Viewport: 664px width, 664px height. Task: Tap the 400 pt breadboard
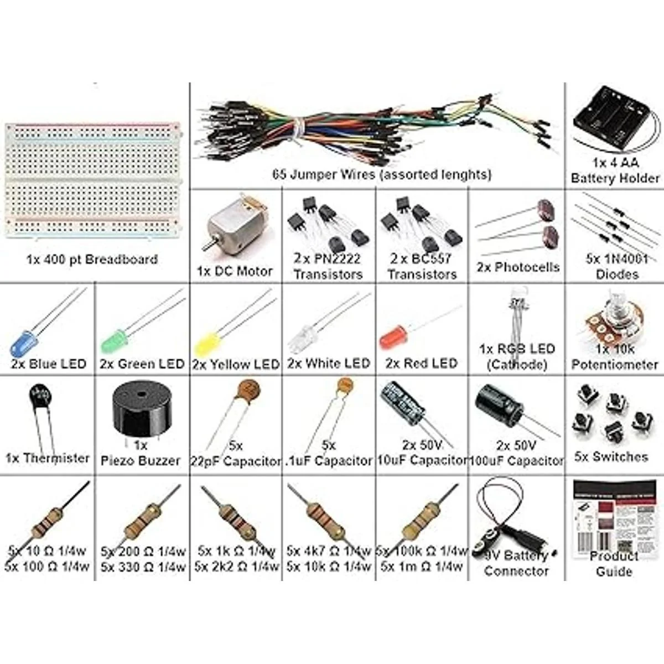click(91, 183)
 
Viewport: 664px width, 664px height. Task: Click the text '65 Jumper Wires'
click(313, 175)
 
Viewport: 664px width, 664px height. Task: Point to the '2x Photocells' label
click(518, 267)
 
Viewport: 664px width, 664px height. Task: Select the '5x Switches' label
click(611, 456)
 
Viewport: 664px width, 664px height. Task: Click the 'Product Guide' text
click(614, 564)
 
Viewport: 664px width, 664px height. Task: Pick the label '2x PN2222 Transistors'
click(328, 266)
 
